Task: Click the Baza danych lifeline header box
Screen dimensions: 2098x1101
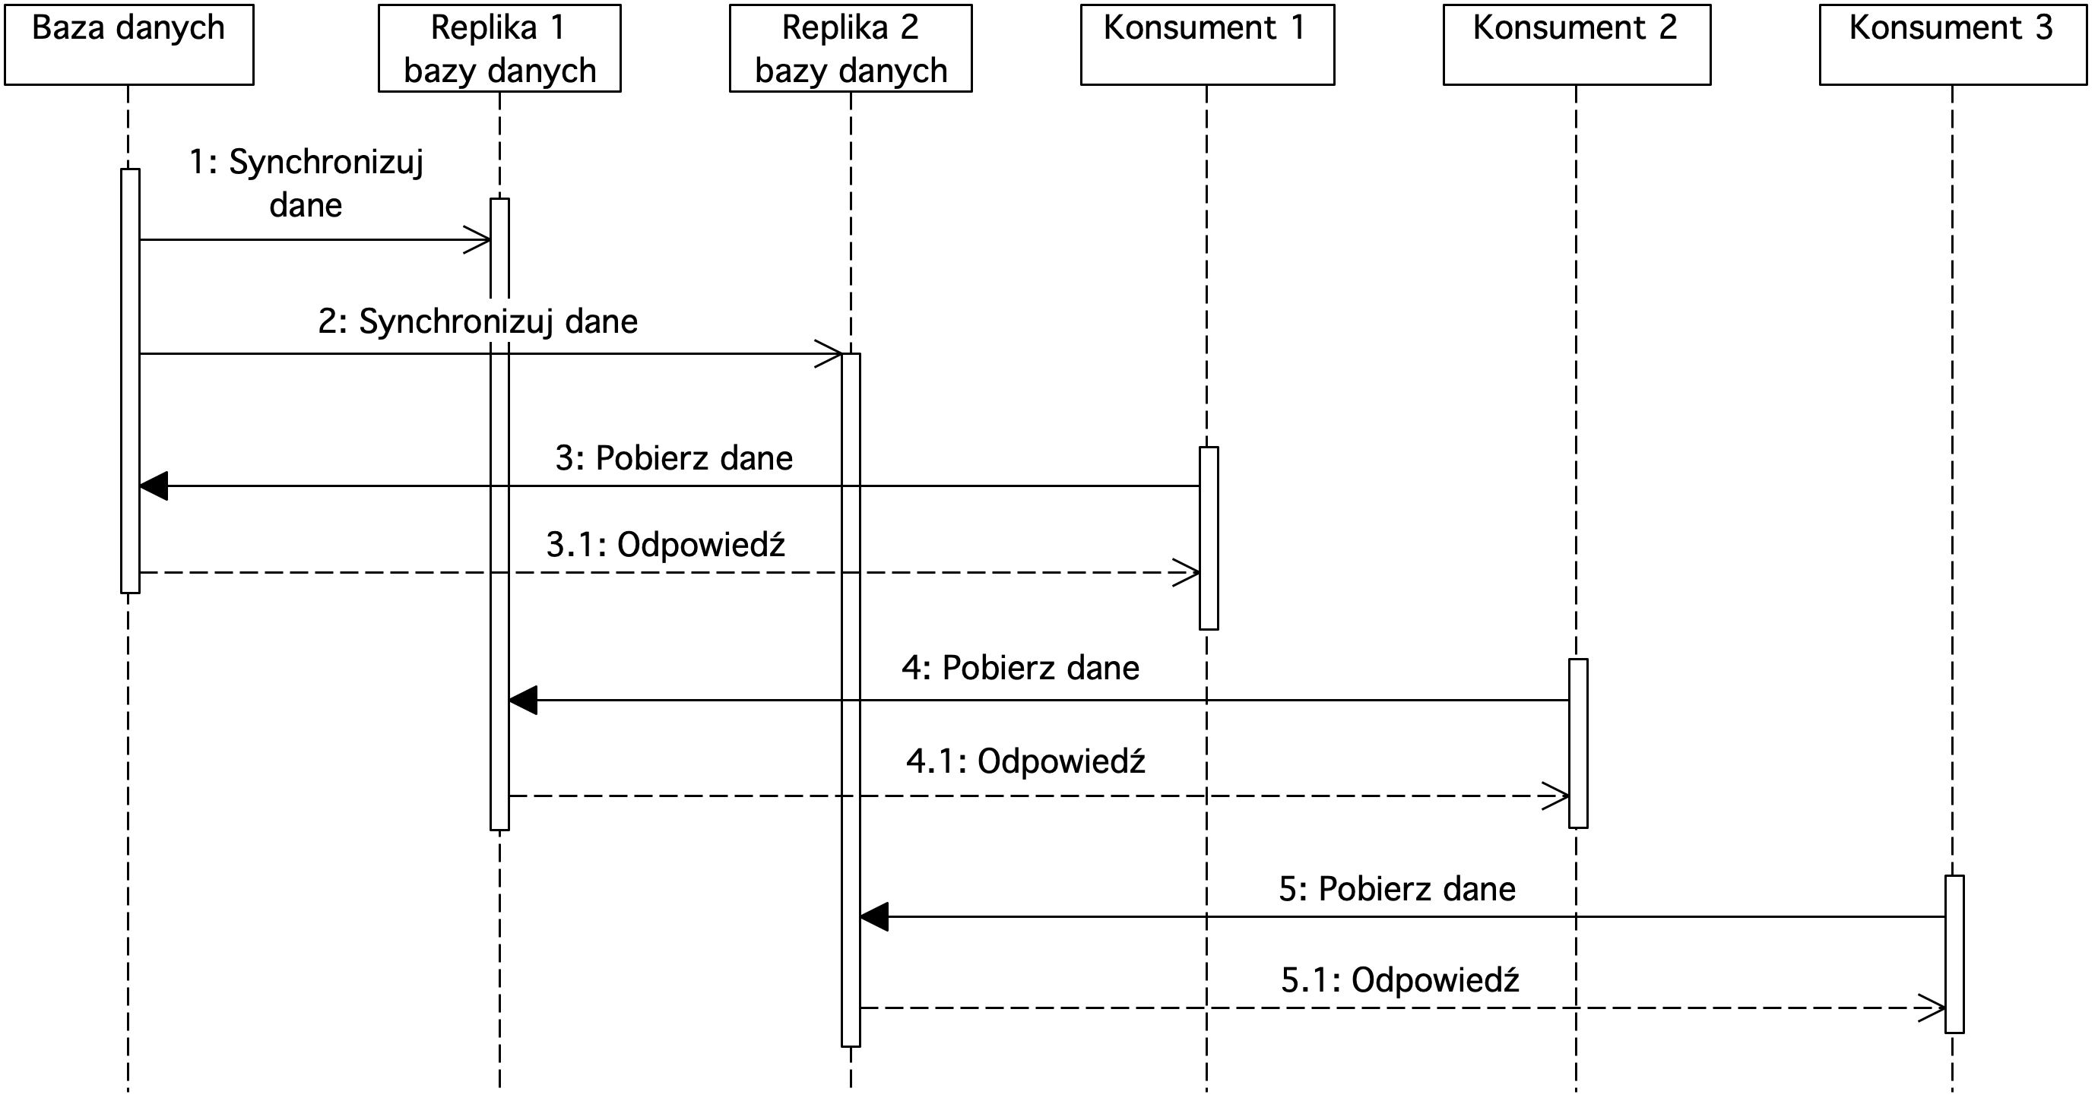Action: point(128,45)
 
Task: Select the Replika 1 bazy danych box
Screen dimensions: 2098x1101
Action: point(499,48)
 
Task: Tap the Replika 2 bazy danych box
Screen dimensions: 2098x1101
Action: point(851,48)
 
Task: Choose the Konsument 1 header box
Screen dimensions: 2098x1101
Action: point(1207,45)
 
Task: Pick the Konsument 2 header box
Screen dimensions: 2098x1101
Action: point(1577,45)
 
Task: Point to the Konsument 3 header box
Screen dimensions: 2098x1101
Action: point(1953,45)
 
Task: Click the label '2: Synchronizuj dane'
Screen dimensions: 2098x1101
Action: point(477,322)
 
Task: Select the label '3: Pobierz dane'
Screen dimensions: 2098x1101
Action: point(673,458)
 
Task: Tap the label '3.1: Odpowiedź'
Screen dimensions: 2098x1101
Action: point(665,545)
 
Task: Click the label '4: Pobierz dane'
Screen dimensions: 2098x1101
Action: point(1019,669)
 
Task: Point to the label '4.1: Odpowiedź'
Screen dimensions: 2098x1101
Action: point(1025,761)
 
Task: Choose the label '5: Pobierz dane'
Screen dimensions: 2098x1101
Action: point(1397,889)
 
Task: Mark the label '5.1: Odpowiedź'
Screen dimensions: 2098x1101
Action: point(1400,979)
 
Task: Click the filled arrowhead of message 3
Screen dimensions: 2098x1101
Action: point(154,486)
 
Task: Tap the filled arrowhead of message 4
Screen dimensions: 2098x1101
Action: point(523,701)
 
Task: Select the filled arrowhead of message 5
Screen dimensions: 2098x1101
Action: point(874,917)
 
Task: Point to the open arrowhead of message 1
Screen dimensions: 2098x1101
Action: point(477,239)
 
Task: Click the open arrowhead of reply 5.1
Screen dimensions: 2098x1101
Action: point(1932,1008)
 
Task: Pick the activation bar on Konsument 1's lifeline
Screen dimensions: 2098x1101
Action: point(1209,538)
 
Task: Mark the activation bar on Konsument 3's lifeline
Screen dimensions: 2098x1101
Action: point(1954,954)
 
